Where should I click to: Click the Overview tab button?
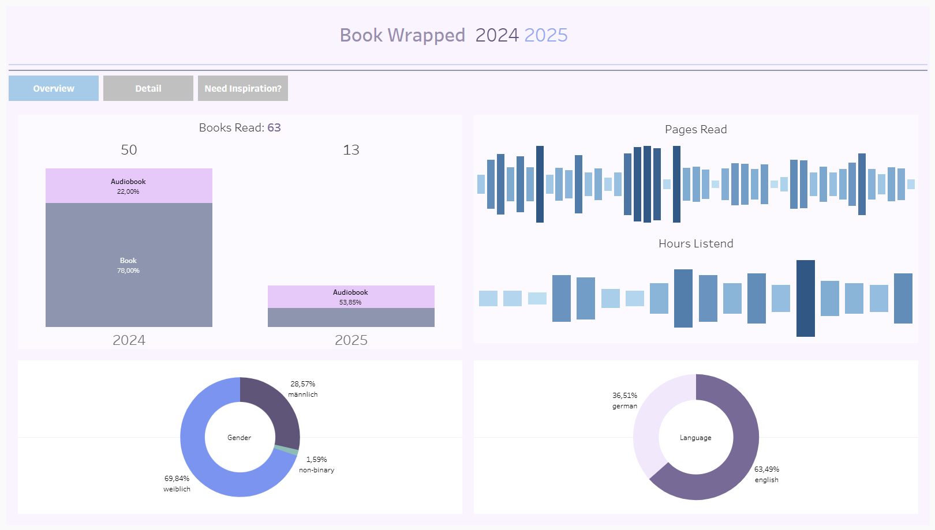(x=54, y=88)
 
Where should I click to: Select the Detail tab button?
(x=148, y=88)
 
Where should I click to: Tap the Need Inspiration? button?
(x=243, y=88)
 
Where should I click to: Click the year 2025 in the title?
(x=546, y=35)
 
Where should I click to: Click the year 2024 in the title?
(x=497, y=35)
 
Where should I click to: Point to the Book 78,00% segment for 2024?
(x=129, y=265)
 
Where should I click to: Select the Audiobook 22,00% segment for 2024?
(x=129, y=186)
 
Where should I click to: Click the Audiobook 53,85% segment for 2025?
(x=351, y=297)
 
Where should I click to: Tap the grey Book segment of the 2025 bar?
(x=351, y=318)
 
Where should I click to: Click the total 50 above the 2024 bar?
(x=129, y=150)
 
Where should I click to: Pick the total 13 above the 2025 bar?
(x=351, y=150)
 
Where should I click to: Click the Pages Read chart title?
(x=695, y=129)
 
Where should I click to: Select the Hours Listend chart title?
(x=695, y=243)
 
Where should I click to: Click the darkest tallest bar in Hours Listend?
(x=806, y=298)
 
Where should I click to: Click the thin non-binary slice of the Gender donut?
(x=286, y=450)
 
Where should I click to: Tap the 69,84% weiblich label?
(x=177, y=483)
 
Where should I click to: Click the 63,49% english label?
(x=766, y=474)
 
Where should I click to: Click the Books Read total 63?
(x=274, y=127)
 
